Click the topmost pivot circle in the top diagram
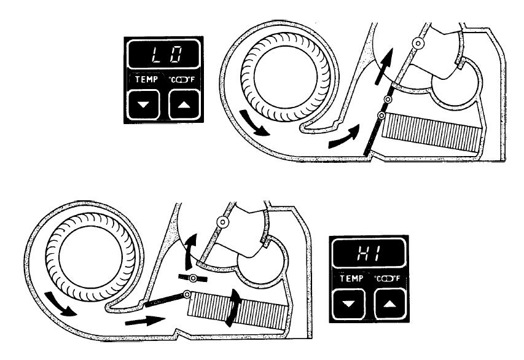[x=419, y=44]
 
